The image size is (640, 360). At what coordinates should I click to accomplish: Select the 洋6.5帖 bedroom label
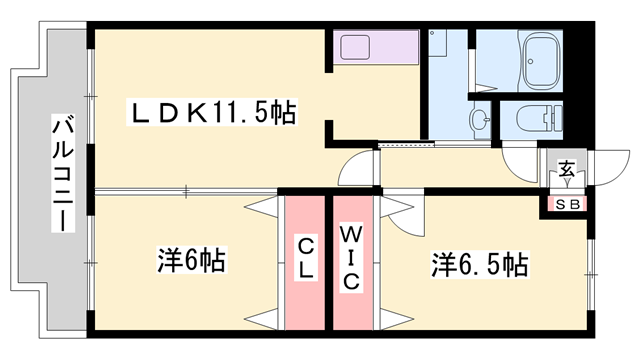[x=480, y=265]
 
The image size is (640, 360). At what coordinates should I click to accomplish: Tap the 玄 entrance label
[x=567, y=170]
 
